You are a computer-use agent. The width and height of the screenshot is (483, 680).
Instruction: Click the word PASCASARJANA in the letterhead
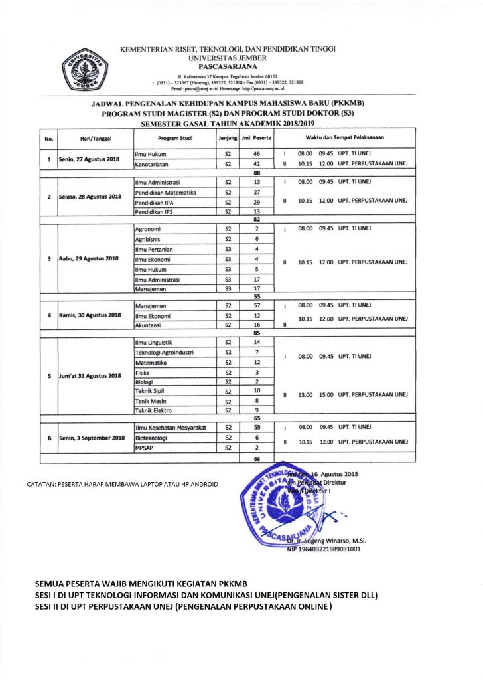(227, 66)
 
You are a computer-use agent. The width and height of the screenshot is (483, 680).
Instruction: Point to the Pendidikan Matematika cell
(163, 191)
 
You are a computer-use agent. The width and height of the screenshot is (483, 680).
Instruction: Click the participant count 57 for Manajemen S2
(256, 305)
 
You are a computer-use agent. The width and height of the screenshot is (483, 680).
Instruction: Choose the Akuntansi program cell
(149, 325)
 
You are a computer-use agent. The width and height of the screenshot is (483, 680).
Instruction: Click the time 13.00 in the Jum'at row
(305, 394)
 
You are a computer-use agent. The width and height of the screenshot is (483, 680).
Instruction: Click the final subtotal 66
(256, 458)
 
